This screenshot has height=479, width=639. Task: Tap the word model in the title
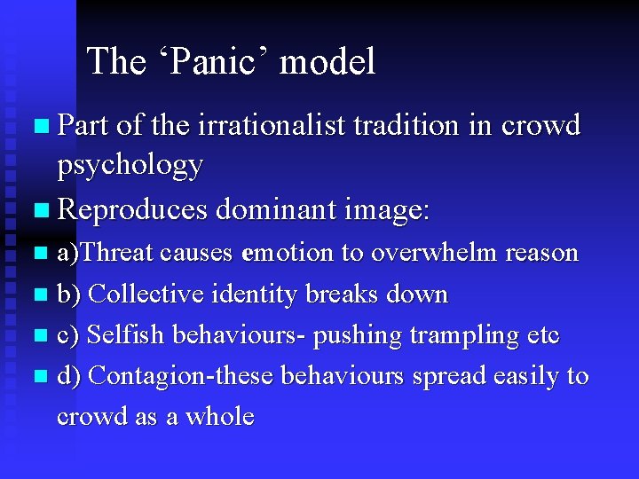tap(327, 61)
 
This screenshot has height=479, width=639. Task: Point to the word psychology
tap(130, 165)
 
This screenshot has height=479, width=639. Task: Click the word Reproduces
tap(131, 209)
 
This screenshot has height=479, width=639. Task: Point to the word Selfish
tap(126, 335)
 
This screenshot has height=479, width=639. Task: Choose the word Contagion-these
tap(183, 376)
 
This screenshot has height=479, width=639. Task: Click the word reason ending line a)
tap(541, 253)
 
